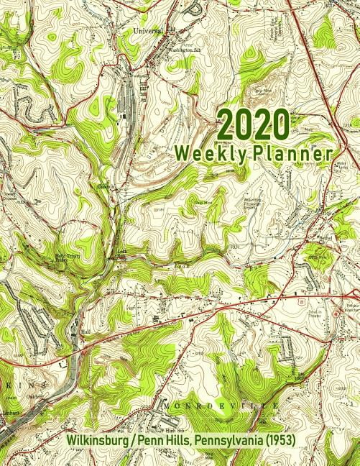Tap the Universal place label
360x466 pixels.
click(x=148, y=32)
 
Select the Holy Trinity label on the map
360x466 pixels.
click(x=65, y=257)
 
